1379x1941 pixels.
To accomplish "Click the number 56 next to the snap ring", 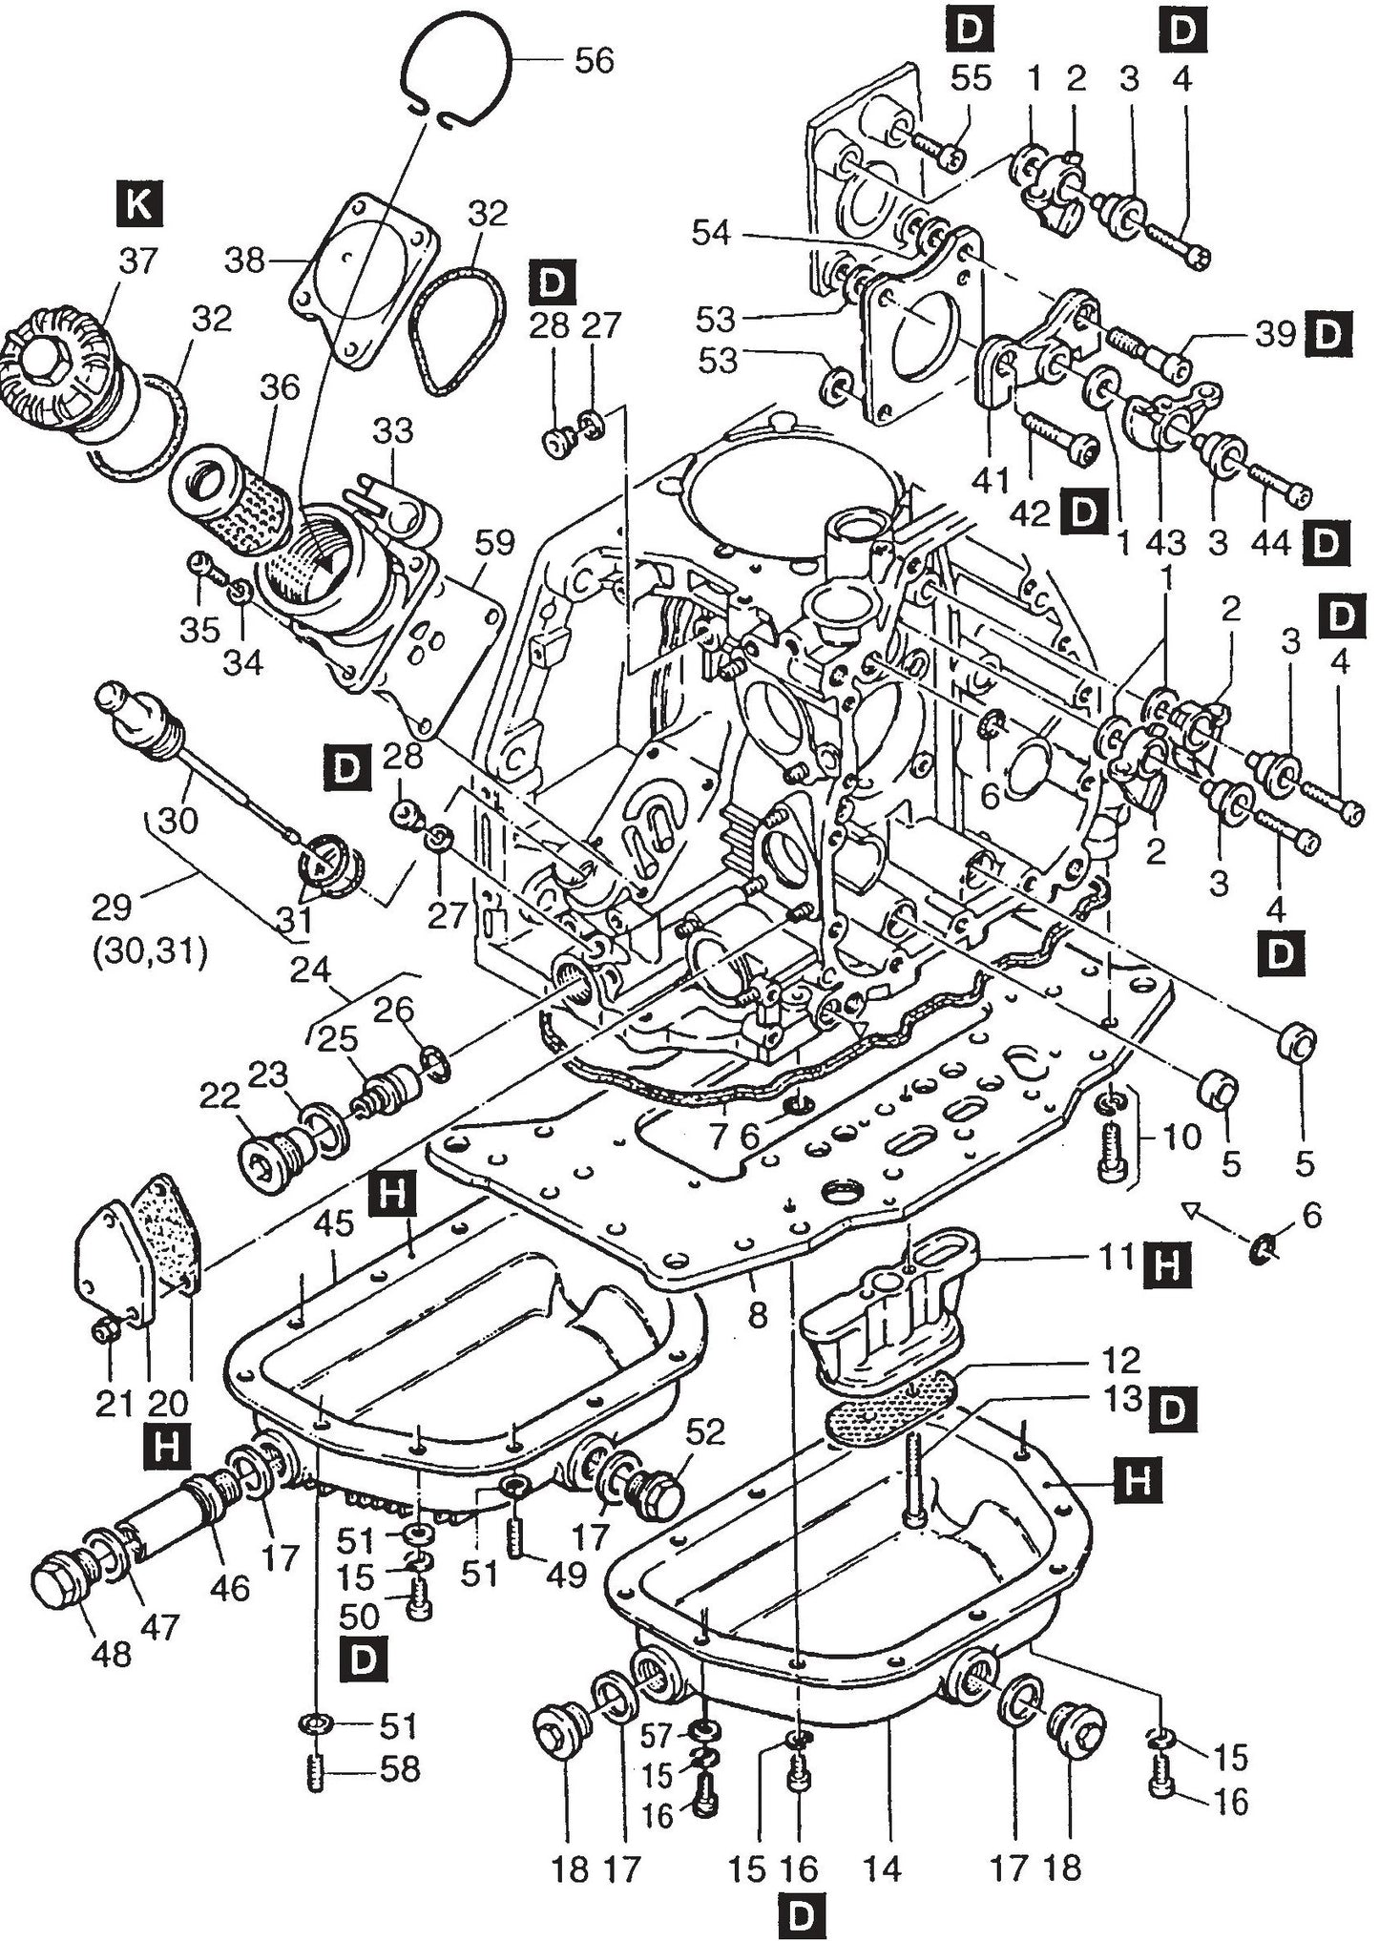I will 593,61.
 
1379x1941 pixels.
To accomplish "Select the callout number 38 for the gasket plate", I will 244,260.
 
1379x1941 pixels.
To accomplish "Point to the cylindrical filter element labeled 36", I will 229,496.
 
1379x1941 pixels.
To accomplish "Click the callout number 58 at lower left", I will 399,1769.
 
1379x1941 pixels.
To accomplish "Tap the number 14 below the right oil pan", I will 880,1868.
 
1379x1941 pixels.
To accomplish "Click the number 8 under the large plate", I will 757,1316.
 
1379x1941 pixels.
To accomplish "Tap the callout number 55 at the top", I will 971,79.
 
